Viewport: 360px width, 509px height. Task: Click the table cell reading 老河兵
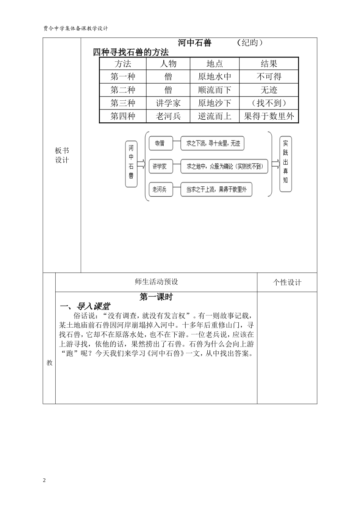click(x=168, y=116)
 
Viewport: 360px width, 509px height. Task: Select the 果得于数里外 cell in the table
click(x=269, y=116)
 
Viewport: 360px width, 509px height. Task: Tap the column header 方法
click(x=123, y=64)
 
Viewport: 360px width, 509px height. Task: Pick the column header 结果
click(x=269, y=64)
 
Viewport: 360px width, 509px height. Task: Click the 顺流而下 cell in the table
click(x=214, y=90)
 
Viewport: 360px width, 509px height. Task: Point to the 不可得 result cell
click(x=269, y=77)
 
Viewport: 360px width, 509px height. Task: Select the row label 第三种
click(x=123, y=103)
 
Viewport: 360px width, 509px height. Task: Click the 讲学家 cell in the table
click(x=168, y=103)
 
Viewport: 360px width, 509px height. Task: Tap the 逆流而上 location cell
click(x=214, y=116)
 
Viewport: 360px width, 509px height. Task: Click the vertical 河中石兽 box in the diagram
click(x=131, y=164)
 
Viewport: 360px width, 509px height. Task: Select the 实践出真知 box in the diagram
click(x=285, y=164)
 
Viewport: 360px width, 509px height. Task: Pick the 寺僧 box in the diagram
click(x=160, y=144)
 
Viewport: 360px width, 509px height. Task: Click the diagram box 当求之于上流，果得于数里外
click(x=216, y=190)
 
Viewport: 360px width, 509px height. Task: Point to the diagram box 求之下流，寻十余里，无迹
click(x=213, y=144)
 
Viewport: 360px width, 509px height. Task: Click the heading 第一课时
click(x=156, y=297)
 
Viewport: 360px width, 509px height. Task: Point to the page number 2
click(x=44, y=480)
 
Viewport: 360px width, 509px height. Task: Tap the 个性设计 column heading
click(x=287, y=283)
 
